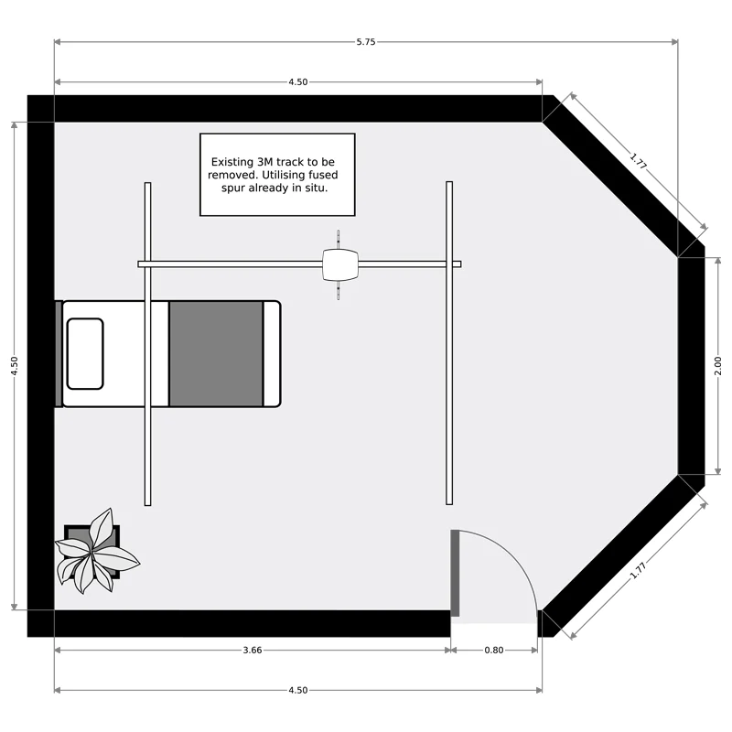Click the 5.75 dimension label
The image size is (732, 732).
(365, 42)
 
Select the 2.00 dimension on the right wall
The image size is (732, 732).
(717, 366)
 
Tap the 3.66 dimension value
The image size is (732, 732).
(253, 651)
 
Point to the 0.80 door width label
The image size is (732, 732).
(493, 651)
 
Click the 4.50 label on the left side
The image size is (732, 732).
(15, 366)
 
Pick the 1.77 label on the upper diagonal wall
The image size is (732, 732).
(638, 161)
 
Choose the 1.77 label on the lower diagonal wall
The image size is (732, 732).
(638, 570)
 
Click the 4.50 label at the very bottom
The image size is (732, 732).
(298, 691)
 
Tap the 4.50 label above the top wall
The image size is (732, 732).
(298, 82)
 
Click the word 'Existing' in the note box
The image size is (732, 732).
(232, 163)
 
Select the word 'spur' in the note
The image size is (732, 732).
(232, 188)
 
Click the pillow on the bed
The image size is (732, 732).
(85, 354)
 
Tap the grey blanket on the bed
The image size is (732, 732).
(216, 354)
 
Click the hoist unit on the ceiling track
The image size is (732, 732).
(340, 264)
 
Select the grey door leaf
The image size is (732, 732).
(455, 574)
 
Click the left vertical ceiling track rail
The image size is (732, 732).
(147, 344)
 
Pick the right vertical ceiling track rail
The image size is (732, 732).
(449, 343)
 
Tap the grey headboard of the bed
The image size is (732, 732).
(59, 354)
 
